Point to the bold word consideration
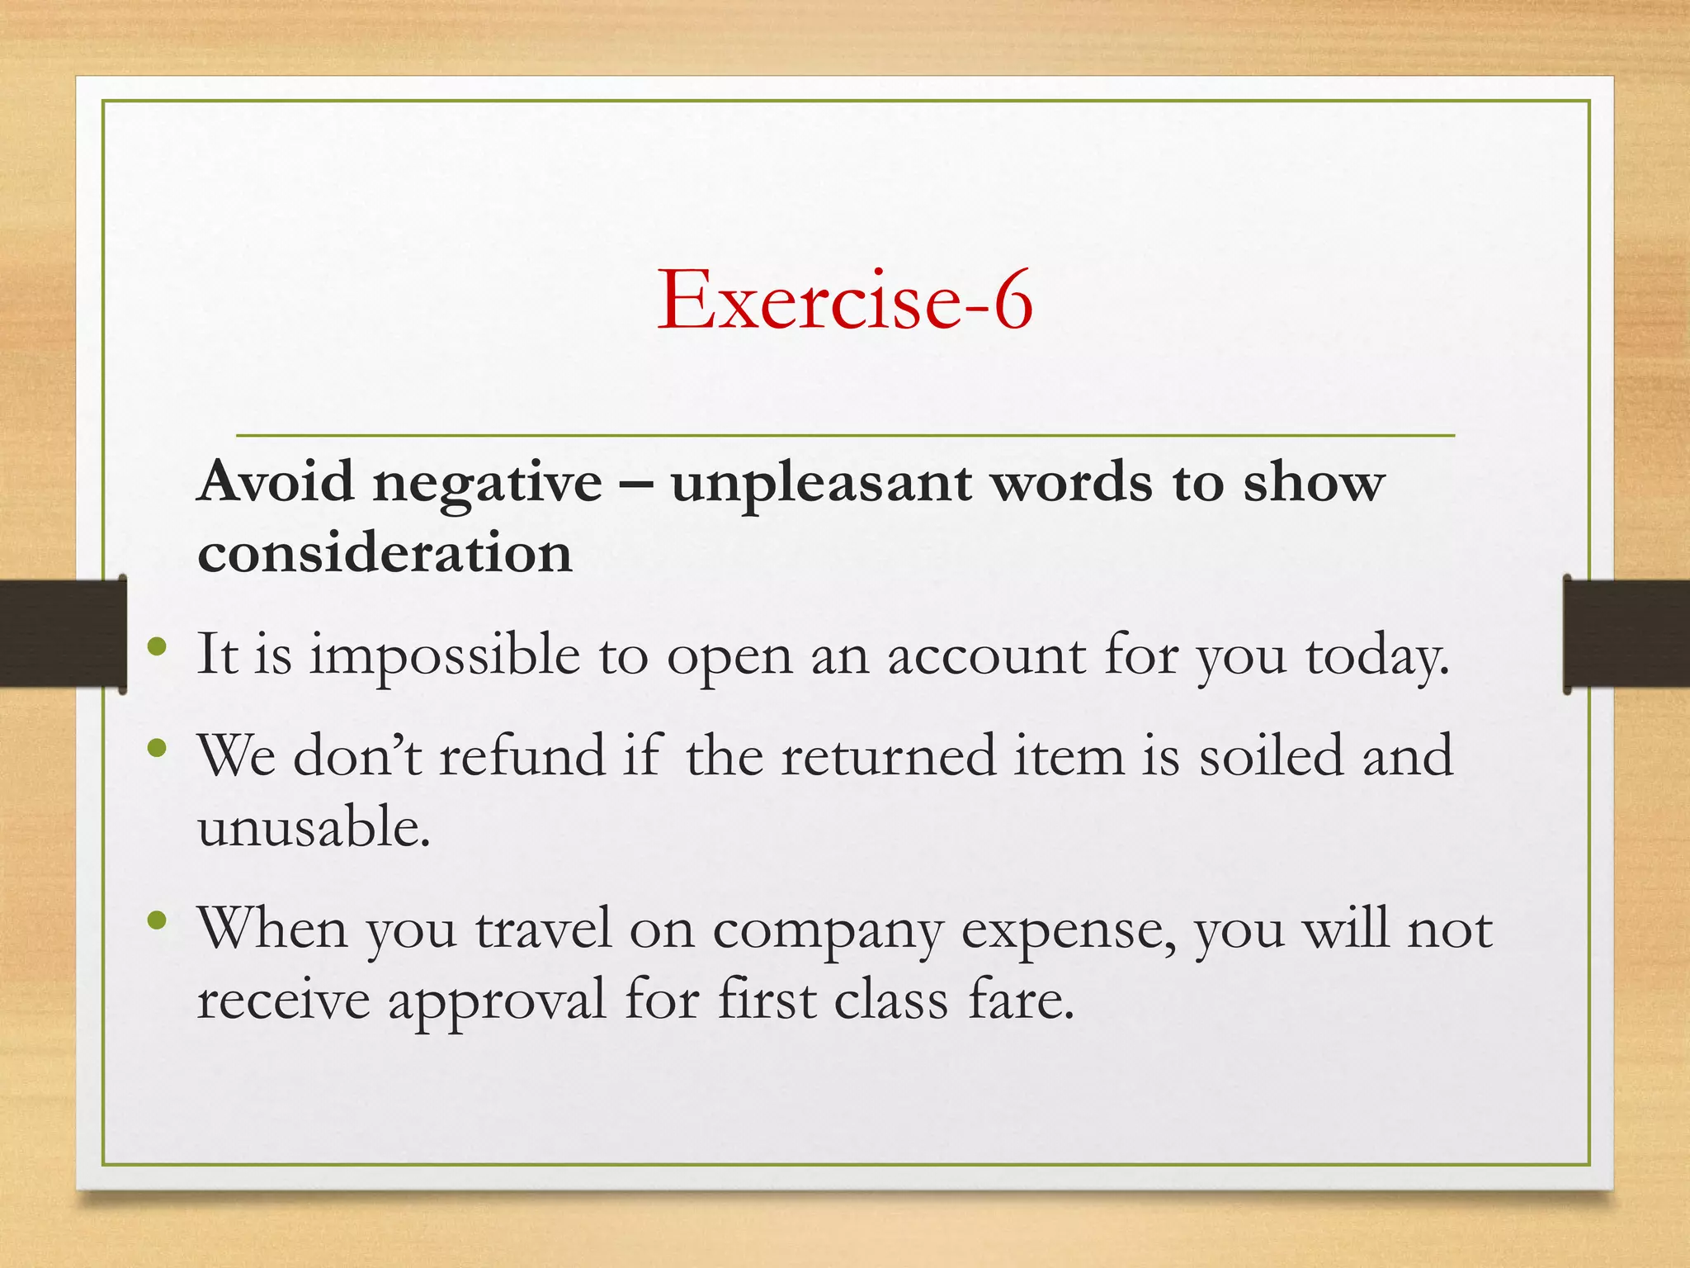[x=385, y=552]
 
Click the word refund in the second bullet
[x=522, y=755]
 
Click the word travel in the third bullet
[x=544, y=928]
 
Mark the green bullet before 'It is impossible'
[x=157, y=646]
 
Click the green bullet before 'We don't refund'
[x=157, y=748]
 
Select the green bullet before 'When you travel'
[x=157, y=920]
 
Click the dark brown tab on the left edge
[x=63, y=633]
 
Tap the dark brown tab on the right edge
[x=1626, y=633]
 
